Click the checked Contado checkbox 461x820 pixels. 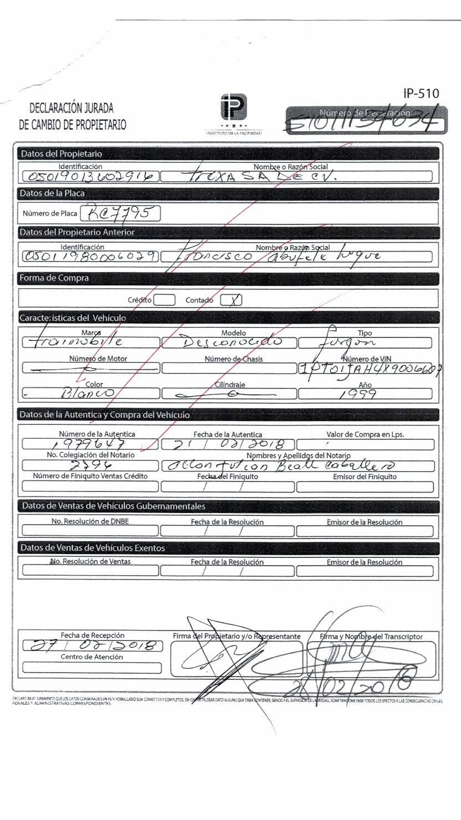pyautogui.click(x=231, y=300)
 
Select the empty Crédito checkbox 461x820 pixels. pyautogui.click(x=164, y=300)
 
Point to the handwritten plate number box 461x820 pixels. pyautogui.click(x=121, y=213)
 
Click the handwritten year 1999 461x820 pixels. pyautogui.click(x=365, y=394)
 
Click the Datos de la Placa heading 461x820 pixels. pyautogui.click(x=52, y=193)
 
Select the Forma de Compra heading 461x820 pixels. pyautogui.click(x=54, y=278)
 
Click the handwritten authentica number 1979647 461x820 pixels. pyautogui.click(x=90, y=444)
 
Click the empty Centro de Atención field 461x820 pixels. pyautogui.click(x=92, y=668)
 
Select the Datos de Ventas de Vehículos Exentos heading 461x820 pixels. pyautogui.click(x=93, y=548)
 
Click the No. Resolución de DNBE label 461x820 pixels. pyautogui.click(x=90, y=521)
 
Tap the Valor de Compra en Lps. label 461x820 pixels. pyautogui.click(x=365, y=434)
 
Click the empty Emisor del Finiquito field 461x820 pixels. pyautogui.click(x=365, y=487)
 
